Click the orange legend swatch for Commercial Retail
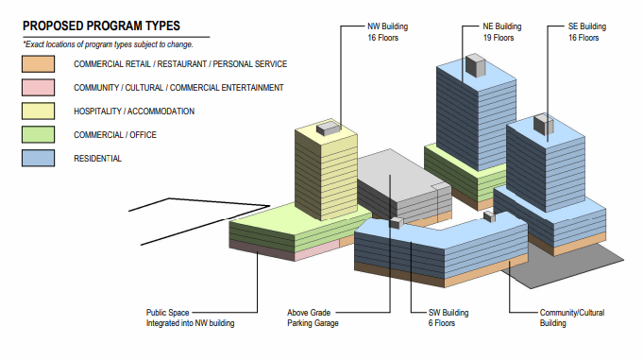click(x=38, y=64)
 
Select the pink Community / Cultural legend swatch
click(x=38, y=88)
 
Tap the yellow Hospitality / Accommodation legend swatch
click(x=38, y=111)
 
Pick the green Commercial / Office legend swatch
click(x=38, y=134)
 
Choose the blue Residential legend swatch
click(x=38, y=158)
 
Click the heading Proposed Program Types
click(x=101, y=26)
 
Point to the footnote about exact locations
click(x=108, y=44)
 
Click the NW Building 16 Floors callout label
click(x=387, y=32)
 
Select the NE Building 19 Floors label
click(x=502, y=32)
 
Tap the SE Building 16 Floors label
click(x=586, y=32)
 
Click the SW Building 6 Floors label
click(x=448, y=317)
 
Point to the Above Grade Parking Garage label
click(x=313, y=317)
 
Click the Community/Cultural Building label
click(x=571, y=317)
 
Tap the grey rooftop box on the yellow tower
click(x=329, y=128)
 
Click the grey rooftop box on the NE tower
click(x=476, y=65)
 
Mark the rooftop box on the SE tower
click(x=543, y=124)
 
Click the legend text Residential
click(x=97, y=159)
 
